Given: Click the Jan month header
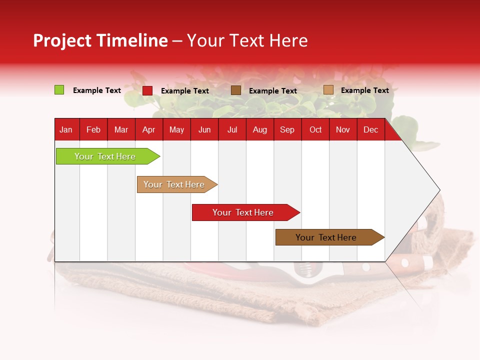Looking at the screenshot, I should pyautogui.click(x=66, y=130).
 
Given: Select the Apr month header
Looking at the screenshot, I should pyautogui.click(x=149, y=130).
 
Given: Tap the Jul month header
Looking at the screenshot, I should pyautogui.click(x=232, y=130).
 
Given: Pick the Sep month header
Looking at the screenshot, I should pyautogui.click(x=287, y=130).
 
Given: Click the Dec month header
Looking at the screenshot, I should pyautogui.click(x=370, y=130).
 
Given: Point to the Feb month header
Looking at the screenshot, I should pyautogui.click(x=93, y=130).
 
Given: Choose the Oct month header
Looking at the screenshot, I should pyautogui.click(x=315, y=130).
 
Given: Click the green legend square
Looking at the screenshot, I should pyautogui.click(x=59, y=90).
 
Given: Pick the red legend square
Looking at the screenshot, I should pyautogui.click(x=147, y=90).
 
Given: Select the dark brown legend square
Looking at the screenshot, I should pyautogui.click(x=236, y=90).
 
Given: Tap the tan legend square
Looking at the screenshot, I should pyautogui.click(x=328, y=90).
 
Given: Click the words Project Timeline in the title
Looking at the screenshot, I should pyautogui.click(x=100, y=40).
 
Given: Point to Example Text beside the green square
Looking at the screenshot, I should pyautogui.click(x=97, y=90).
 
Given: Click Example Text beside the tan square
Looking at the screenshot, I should pyautogui.click(x=364, y=90).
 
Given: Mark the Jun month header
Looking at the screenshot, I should pyautogui.click(x=204, y=130).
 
